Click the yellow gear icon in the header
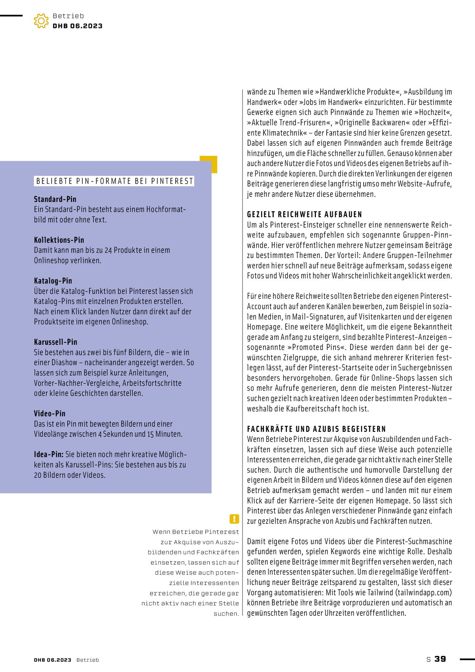(x=41, y=21)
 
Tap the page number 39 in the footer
(x=440, y=659)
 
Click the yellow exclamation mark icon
(x=234, y=519)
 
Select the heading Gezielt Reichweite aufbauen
(x=304, y=215)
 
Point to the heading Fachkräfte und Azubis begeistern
(x=316, y=429)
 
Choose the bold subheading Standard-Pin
(x=55, y=199)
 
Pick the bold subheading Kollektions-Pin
(x=59, y=240)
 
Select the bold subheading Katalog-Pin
(x=53, y=281)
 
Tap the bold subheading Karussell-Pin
(x=56, y=342)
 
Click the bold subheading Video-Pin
(x=50, y=414)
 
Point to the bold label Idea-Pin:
(x=49, y=454)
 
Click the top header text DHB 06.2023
(x=78, y=26)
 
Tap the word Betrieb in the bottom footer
(x=87, y=660)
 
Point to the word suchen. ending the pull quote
(x=226, y=614)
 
